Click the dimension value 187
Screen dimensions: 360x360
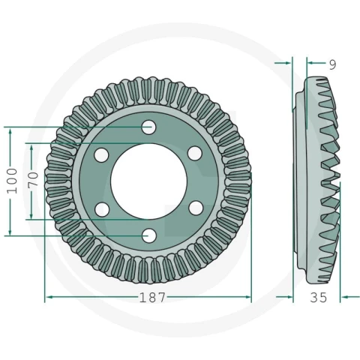152,298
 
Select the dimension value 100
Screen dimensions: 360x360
12,181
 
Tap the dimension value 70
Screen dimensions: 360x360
33,178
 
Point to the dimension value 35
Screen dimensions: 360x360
319,298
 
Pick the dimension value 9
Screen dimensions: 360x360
332,64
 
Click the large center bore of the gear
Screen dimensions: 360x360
148,181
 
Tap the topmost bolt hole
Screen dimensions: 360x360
148,127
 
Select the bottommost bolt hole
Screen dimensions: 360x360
149,235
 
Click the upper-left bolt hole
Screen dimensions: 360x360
101,155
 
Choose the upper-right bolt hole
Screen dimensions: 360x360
195,154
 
